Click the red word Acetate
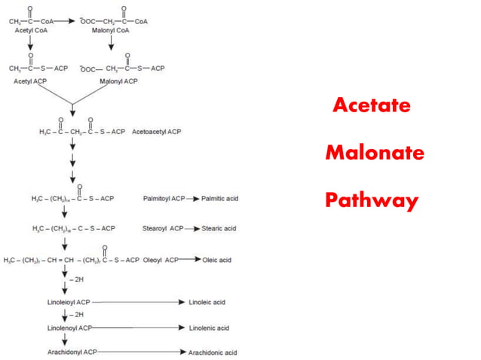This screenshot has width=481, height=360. pyautogui.click(x=372, y=105)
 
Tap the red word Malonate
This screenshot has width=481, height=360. pyautogui.click(x=375, y=153)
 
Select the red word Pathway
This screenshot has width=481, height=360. pyautogui.click(x=371, y=201)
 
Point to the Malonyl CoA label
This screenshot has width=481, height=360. pyautogui.click(x=110, y=30)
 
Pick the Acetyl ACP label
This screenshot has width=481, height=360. pyautogui.click(x=30, y=81)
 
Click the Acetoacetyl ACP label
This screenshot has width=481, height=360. pyautogui.click(x=156, y=132)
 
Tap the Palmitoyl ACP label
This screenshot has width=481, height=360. pyautogui.click(x=164, y=199)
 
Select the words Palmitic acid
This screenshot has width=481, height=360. pyautogui.click(x=219, y=199)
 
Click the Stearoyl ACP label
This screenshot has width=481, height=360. pyautogui.click(x=163, y=228)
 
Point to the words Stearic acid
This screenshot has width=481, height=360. pyautogui.click(x=219, y=228)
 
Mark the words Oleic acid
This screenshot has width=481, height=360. pyautogui.click(x=217, y=260)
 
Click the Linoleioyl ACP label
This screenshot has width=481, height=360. pyautogui.click(x=69, y=302)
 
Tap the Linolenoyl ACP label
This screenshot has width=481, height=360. pyautogui.click(x=69, y=328)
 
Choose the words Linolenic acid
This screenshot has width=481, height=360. pyautogui.click(x=209, y=328)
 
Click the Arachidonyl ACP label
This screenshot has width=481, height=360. pyautogui.click(x=72, y=352)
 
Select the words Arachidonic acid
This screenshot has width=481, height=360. pyautogui.click(x=213, y=352)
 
